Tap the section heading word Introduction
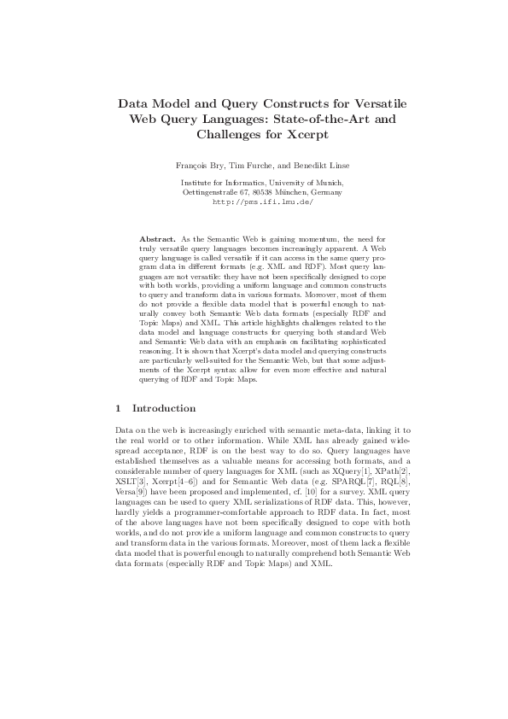pyautogui.click(x=164, y=408)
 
